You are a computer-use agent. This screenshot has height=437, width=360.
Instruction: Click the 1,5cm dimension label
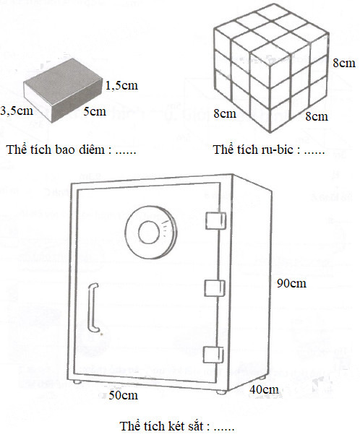click(121, 85)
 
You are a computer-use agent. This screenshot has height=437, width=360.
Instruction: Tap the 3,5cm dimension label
click(17, 111)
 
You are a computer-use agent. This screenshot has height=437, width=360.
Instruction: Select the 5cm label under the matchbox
click(95, 111)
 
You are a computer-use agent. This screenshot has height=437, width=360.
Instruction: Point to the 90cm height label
click(291, 283)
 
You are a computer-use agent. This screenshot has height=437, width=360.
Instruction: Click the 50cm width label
click(124, 395)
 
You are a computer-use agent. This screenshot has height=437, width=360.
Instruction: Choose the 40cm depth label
click(264, 389)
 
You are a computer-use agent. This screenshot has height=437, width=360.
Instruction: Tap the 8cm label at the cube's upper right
click(344, 63)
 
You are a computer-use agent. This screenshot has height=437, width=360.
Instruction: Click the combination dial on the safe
click(151, 233)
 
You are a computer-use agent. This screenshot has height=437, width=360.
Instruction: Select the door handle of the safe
click(93, 308)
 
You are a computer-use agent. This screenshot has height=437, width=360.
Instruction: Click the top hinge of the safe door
click(215, 221)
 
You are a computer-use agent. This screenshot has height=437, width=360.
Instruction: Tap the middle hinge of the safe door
click(215, 288)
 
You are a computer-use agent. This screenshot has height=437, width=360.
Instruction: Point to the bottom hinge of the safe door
click(213, 355)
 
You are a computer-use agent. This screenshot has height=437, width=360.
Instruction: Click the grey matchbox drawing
click(62, 90)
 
